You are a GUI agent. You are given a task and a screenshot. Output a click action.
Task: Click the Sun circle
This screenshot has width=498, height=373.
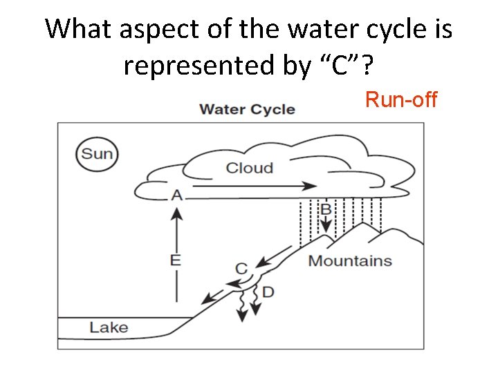pyautogui.click(x=97, y=153)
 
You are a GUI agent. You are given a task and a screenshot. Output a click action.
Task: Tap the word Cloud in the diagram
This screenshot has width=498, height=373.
pyautogui.click(x=250, y=168)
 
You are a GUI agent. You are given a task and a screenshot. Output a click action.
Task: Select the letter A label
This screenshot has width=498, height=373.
pyautogui.click(x=177, y=195)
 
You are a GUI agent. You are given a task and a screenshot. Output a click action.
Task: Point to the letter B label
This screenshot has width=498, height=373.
pyautogui.click(x=326, y=209)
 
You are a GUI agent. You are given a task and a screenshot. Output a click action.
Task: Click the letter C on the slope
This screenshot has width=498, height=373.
pyautogui.click(x=241, y=268)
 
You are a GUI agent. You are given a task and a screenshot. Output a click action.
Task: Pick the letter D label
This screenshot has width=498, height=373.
pyautogui.click(x=268, y=292)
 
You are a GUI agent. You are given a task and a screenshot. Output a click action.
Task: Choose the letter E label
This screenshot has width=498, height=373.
pyautogui.click(x=176, y=260)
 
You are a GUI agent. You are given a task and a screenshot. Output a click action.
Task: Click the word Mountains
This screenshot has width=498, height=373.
pyautogui.click(x=350, y=261)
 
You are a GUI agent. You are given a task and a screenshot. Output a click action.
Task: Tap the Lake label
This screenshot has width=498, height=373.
pyautogui.click(x=109, y=327)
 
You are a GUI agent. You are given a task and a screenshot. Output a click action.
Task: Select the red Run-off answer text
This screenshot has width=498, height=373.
pyautogui.click(x=401, y=100)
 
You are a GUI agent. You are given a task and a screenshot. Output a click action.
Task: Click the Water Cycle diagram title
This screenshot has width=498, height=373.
pyautogui.click(x=247, y=109)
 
